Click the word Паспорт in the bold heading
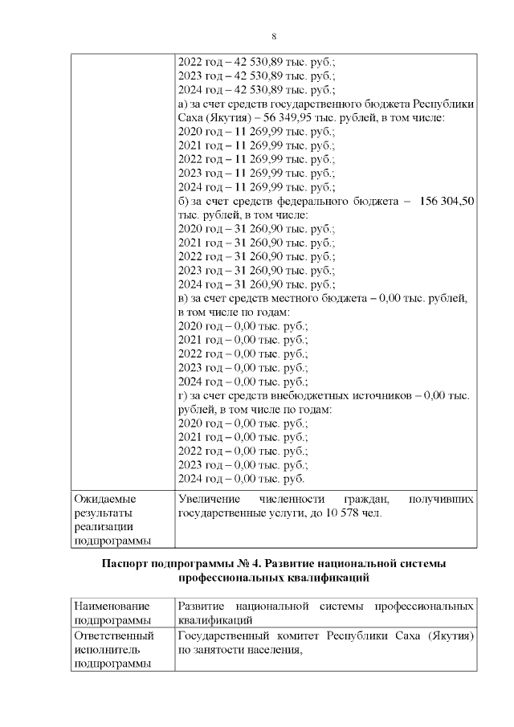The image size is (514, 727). pyautogui.click(x=128, y=564)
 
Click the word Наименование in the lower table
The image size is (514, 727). pyautogui.click(x=112, y=606)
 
